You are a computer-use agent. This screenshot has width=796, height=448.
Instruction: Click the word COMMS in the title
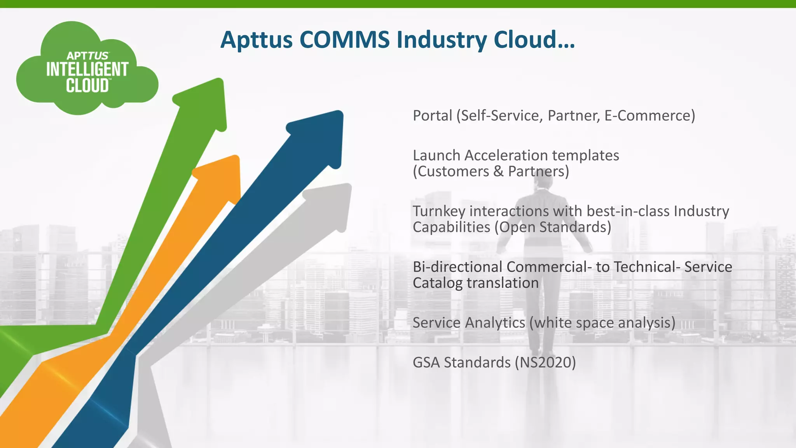pos(344,40)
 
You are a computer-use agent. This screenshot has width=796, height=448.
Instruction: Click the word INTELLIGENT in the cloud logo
pos(87,70)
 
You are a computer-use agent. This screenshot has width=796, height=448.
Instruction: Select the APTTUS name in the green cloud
pos(87,56)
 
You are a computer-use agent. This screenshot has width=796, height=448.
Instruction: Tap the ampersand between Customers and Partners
pos(498,171)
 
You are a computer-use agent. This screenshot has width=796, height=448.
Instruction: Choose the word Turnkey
pos(439,211)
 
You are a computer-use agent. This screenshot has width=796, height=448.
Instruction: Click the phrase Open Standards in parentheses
pos(552,227)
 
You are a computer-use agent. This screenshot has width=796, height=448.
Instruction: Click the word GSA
pos(426,362)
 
